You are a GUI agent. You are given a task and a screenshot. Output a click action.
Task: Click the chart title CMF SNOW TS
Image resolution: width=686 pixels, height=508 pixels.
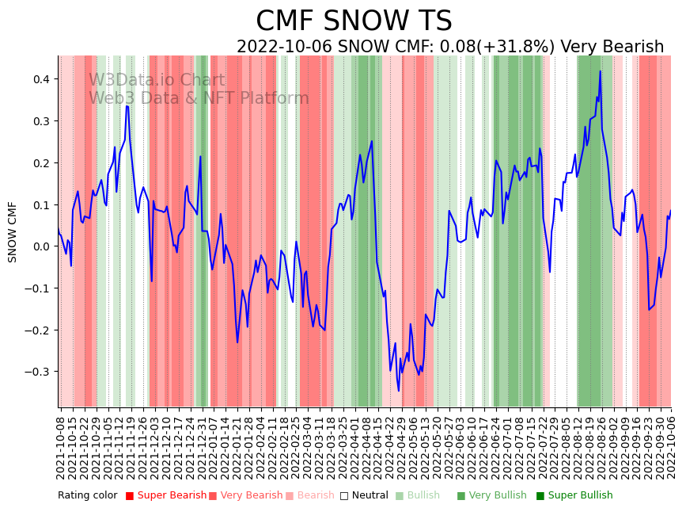(x=354, y=21)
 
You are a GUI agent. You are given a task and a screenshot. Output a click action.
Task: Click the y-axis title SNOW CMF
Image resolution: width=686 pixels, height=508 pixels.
(x=13, y=231)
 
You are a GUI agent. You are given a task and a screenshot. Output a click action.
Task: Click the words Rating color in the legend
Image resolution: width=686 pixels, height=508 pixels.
(x=87, y=496)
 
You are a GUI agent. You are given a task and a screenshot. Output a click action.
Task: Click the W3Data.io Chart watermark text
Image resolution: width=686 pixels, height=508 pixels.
(x=157, y=81)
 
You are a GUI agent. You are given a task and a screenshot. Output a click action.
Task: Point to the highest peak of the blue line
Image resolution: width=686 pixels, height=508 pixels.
(x=600, y=71)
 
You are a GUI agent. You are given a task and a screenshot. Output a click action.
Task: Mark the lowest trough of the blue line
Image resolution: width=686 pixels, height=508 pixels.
(x=399, y=390)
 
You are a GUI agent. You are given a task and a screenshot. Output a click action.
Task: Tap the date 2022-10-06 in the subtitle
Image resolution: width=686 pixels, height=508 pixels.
(x=285, y=48)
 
